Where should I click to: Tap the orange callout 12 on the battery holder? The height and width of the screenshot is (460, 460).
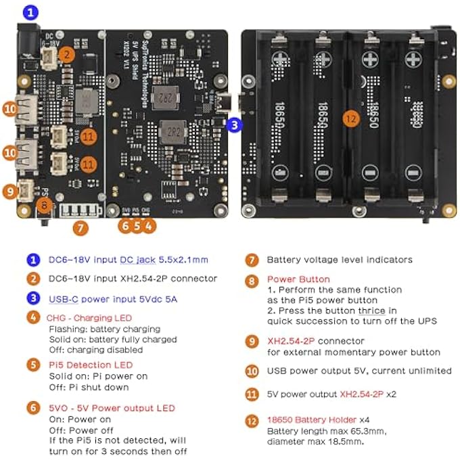click(350, 118)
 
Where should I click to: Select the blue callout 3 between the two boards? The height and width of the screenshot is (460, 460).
click(233, 124)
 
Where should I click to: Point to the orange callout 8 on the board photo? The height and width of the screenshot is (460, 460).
click(43, 204)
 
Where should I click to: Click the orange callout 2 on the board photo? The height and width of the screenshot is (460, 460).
click(66, 55)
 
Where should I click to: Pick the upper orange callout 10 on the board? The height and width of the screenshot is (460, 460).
click(10, 108)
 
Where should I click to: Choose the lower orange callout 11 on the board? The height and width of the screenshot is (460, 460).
click(89, 163)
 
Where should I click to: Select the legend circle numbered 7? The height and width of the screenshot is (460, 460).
click(252, 259)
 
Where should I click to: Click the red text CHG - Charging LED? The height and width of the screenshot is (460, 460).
click(90, 317)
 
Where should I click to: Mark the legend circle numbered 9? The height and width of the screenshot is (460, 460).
click(252, 342)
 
